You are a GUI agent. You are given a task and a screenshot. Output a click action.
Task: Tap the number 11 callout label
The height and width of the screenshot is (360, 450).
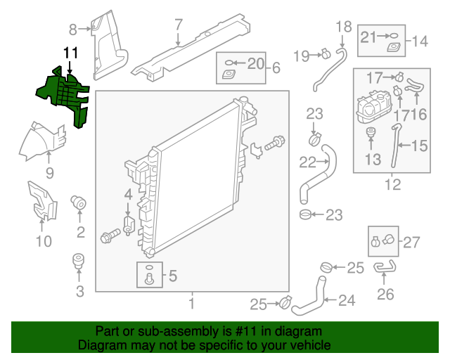(70, 53)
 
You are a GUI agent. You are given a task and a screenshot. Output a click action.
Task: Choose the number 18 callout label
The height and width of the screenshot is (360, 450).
(343, 27)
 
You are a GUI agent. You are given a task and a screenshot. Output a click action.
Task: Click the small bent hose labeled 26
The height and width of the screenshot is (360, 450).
(385, 266)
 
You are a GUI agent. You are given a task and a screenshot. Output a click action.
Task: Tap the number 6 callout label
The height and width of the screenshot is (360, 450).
(276, 68)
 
